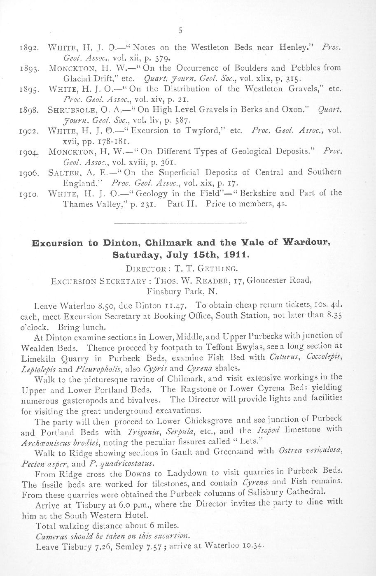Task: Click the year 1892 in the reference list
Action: (29, 47)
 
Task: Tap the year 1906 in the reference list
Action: (29, 173)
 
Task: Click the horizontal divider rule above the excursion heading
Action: (180, 223)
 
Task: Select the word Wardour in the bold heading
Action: (308, 242)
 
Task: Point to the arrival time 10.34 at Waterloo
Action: (251, 547)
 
